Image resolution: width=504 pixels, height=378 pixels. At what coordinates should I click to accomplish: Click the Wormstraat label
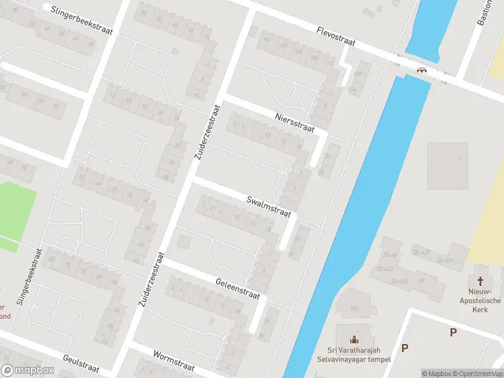click(171, 362)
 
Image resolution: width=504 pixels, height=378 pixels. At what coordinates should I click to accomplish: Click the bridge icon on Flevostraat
click(421, 70)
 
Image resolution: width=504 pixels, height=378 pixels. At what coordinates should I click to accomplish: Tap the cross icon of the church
click(481, 282)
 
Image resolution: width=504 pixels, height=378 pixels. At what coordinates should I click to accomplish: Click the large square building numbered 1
click(448, 165)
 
